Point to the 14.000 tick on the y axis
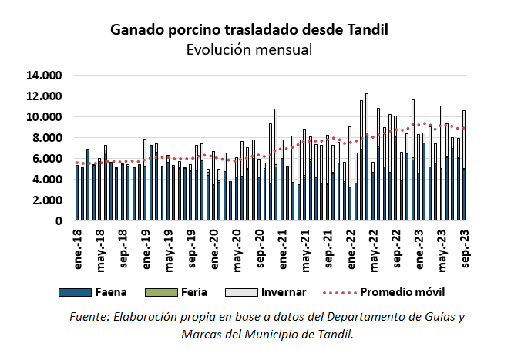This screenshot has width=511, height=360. [x=43, y=76]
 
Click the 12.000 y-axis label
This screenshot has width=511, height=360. [x=43, y=97]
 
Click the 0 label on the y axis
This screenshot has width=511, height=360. [x=58, y=221]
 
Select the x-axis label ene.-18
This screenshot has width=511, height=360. [x=78, y=247]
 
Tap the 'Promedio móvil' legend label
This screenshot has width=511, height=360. [x=402, y=293]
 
